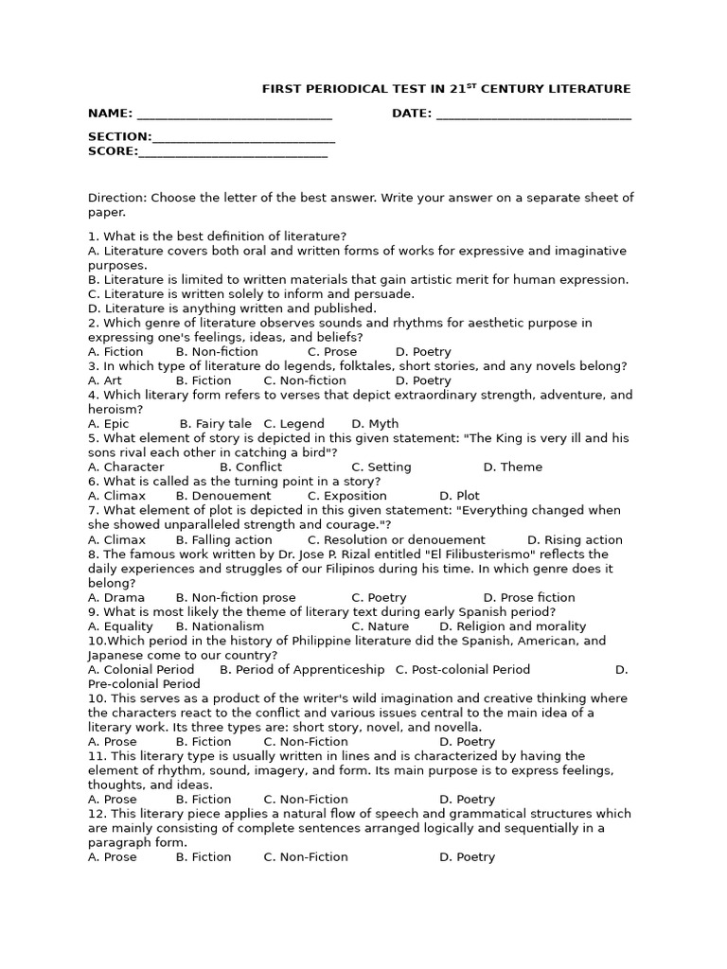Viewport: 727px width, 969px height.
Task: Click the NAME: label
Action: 110,114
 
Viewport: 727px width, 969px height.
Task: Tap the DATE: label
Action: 412,114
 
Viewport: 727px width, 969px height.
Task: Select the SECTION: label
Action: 119,137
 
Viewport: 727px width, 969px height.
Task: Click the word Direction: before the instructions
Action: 117,198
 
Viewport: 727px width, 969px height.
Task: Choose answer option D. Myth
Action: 375,424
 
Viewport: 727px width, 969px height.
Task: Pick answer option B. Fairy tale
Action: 215,424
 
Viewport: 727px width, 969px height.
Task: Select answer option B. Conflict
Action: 250,467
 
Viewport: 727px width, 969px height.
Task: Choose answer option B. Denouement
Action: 223,496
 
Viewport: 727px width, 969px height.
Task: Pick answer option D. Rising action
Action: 575,540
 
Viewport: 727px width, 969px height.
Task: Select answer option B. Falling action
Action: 223,540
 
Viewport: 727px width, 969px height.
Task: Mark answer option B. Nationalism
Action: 220,626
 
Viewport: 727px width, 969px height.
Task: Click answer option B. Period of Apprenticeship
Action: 302,670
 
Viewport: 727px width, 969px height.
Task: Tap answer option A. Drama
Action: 116,598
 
